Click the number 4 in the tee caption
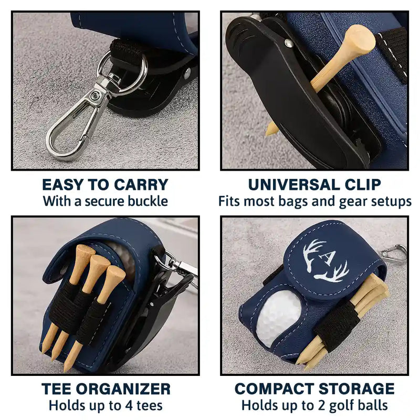tap(126, 405)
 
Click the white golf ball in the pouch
tap(279, 318)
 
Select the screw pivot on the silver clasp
tap(96, 96)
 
